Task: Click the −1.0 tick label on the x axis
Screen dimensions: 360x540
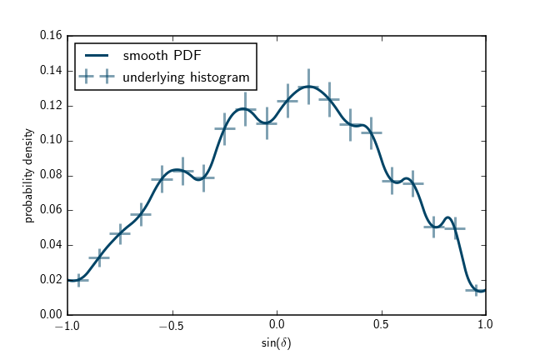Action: (67, 327)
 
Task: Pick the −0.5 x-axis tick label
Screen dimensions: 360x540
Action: (172, 327)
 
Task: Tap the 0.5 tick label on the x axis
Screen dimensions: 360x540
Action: (381, 327)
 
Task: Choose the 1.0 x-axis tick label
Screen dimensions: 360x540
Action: (486, 327)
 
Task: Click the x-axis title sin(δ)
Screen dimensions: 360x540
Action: (276, 342)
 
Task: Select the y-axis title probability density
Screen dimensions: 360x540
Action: (29, 175)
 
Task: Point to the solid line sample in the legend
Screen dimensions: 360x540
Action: (97, 57)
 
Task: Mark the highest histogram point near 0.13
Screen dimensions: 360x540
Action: (308, 86)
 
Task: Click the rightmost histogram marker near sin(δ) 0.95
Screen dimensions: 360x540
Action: (476, 290)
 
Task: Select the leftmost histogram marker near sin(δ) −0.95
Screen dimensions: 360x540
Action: (78, 280)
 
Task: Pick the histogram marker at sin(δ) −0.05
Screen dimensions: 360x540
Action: (267, 122)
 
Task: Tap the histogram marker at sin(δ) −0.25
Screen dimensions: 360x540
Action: (224, 128)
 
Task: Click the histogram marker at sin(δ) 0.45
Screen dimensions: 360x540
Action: (372, 132)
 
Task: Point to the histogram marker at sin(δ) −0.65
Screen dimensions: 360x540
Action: (141, 214)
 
